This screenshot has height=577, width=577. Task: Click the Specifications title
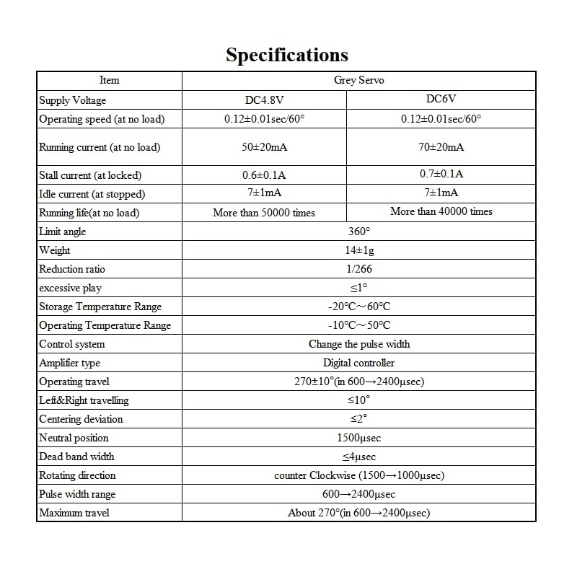click(287, 55)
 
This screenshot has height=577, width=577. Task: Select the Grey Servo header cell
click(358, 81)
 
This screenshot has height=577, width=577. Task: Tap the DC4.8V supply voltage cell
click(264, 100)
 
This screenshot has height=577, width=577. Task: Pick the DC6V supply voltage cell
click(441, 99)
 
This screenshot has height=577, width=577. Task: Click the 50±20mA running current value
click(264, 147)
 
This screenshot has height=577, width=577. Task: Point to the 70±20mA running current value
click(441, 147)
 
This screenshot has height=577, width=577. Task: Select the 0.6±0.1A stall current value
click(264, 175)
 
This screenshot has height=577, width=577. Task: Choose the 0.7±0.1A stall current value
click(441, 174)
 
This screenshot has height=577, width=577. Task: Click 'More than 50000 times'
click(264, 213)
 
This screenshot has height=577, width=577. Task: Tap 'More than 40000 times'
click(441, 211)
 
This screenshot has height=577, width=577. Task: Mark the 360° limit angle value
click(358, 232)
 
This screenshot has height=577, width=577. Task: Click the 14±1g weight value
click(358, 250)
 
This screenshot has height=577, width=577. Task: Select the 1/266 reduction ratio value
click(358, 269)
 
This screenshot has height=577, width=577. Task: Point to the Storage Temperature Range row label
click(100, 307)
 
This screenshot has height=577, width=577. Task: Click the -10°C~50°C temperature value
click(358, 325)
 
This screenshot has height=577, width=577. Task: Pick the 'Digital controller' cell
click(358, 363)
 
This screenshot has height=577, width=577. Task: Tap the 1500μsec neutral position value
click(358, 438)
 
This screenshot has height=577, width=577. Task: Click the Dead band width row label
click(76, 457)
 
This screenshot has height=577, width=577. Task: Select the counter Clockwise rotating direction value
click(358, 475)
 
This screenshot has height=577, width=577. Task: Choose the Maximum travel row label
click(74, 513)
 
